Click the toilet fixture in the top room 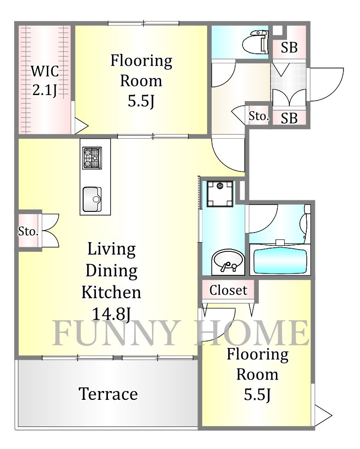click(x=256, y=42)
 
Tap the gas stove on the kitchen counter click(x=92, y=158)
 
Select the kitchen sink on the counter click(x=92, y=199)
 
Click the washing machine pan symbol click(x=220, y=193)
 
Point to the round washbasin click(x=228, y=261)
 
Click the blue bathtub click(x=280, y=261)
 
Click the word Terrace click(x=108, y=394)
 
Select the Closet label click(x=228, y=290)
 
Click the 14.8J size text click(x=111, y=314)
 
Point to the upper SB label click(x=289, y=47)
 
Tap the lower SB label click(x=289, y=118)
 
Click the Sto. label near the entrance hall click(x=259, y=116)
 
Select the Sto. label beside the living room click(x=28, y=231)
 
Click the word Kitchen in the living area click(x=111, y=292)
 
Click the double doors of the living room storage click(x=51, y=231)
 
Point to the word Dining click(x=111, y=271)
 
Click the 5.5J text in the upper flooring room click(x=141, y=101)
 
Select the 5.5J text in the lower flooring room click(x=257, y=395)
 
